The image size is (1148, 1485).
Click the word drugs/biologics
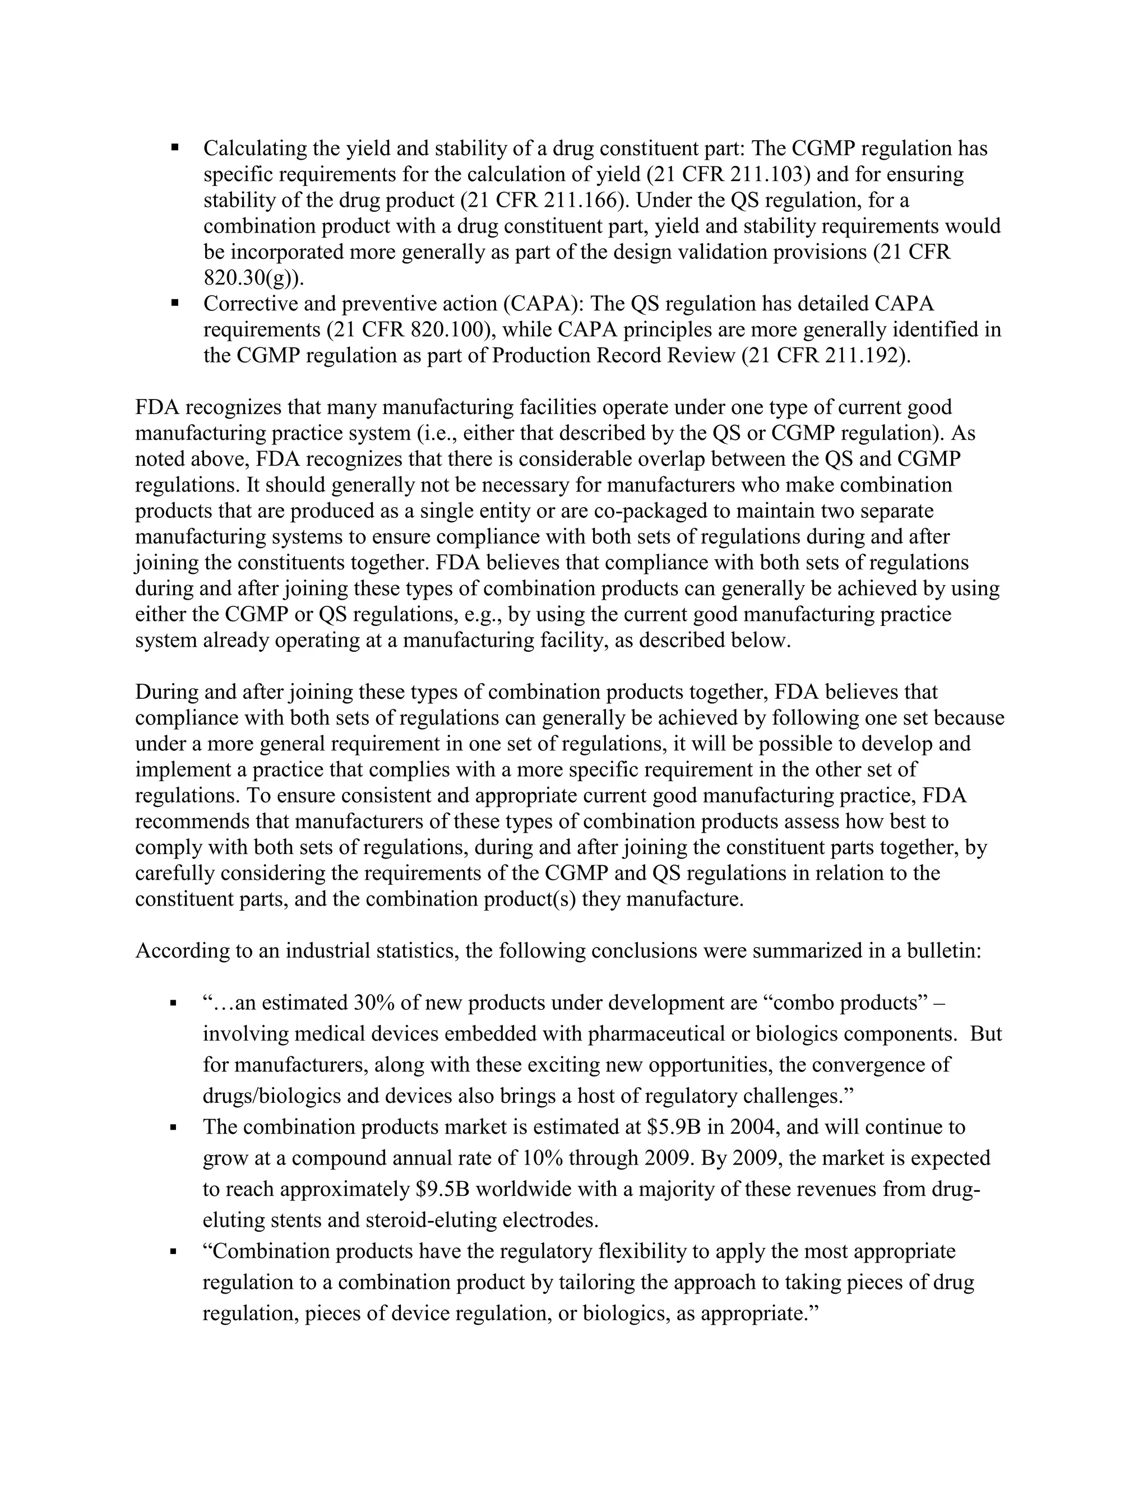pos(274,1096)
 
